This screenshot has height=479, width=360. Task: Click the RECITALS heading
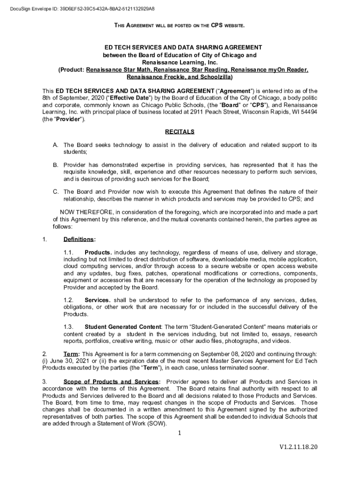(x=180, y=132)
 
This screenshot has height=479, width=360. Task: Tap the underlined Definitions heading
(x=79, y=240)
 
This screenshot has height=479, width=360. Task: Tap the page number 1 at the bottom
(x=179, y=433)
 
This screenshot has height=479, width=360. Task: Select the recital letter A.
(x=55, y=145)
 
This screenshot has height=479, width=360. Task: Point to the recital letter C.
(x=55, y=192)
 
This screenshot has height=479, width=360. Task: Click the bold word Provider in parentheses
(x=69, y=120)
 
